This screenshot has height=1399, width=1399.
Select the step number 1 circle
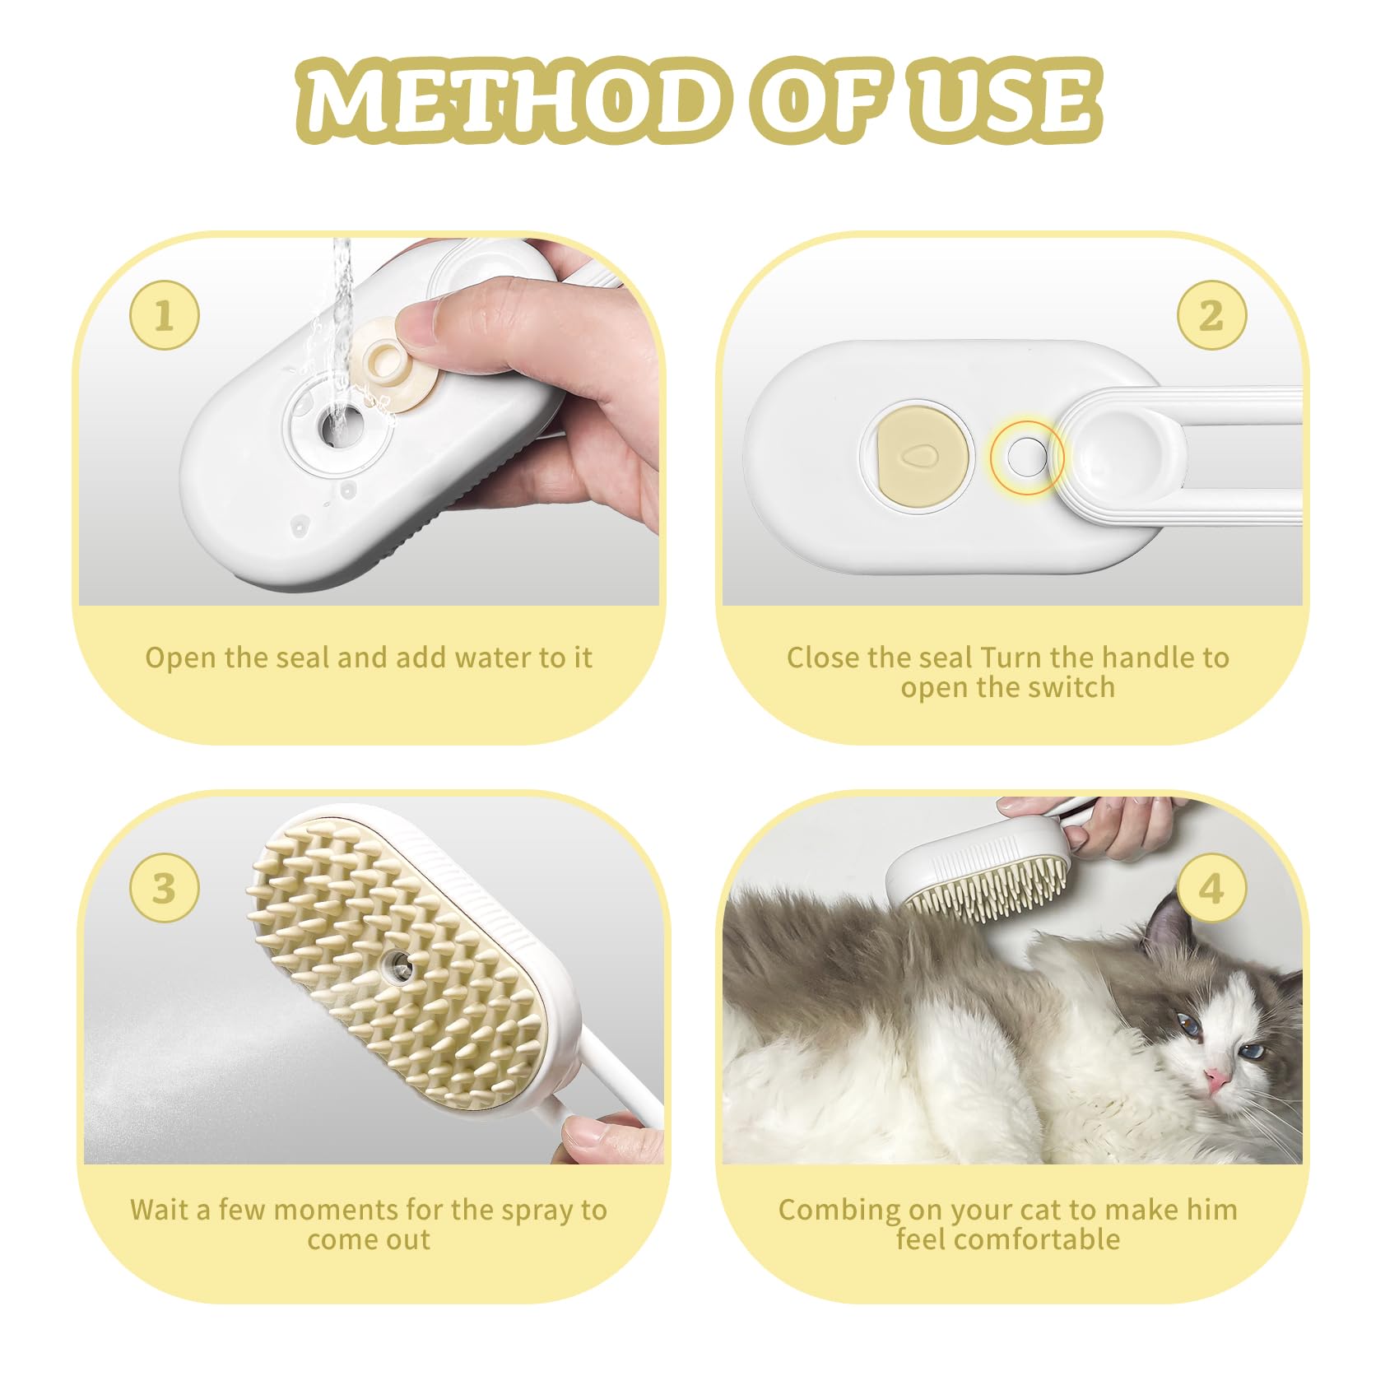pyautogui.click(x=165, y=315)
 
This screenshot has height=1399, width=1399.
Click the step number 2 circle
pyautogui.click(x=1211, y=315)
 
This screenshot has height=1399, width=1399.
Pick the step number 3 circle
pyautogui.click(x=165, y=888)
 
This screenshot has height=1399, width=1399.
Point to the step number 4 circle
pyautogui.click(x=1211, y=888)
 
